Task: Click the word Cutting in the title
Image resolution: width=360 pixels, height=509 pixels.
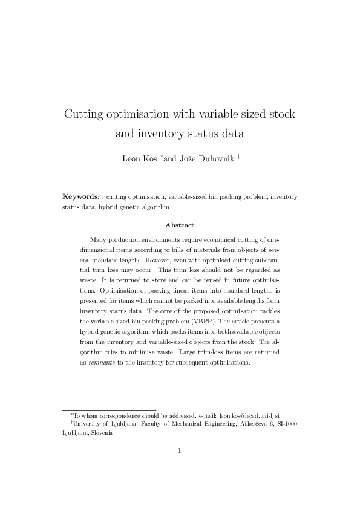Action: [x=87, y=114]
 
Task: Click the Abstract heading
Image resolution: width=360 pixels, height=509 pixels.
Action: [x=180, y=225]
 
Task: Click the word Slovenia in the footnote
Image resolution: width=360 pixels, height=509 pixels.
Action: [x=100, y=433]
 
